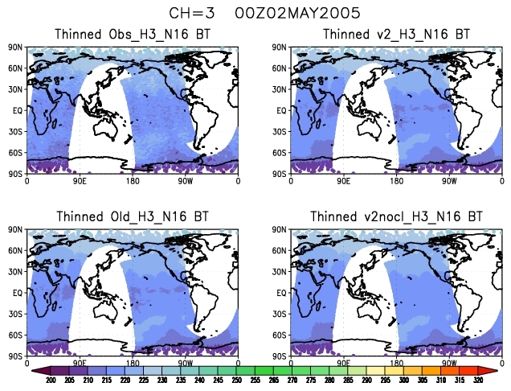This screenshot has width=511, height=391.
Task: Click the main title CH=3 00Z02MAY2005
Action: (254, 13)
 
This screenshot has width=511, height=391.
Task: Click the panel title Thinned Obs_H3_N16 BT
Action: (131, 35)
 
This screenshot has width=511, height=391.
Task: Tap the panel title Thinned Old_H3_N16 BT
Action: (131, 216)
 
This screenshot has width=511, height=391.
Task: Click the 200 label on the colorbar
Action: (51, 380)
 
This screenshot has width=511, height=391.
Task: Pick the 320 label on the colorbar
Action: (478, 380)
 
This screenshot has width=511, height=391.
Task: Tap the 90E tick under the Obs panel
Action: (80, 181)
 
